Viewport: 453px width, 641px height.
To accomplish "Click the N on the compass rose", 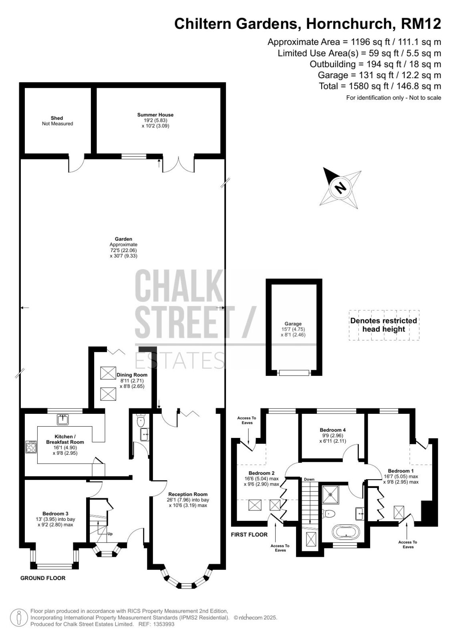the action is [340, 188].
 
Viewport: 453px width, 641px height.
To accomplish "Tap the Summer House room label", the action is [155, 115].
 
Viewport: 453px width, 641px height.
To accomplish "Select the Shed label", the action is [56, 118].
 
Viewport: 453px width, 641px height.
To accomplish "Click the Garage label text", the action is [293, 324].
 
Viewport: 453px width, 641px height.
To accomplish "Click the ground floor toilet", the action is [141, 421].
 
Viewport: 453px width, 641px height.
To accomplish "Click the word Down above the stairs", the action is [309, 479].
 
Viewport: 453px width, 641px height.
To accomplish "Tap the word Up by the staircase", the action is [110, 534].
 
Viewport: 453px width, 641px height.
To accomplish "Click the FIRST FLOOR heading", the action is [249, 534].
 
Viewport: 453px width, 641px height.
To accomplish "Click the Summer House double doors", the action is [179, 164].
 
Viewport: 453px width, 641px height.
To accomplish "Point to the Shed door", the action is [77, 164].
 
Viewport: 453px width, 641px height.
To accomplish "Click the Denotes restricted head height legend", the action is [384, 325].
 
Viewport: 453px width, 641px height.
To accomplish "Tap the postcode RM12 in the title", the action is [421, 24].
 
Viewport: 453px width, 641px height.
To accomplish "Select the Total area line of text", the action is [380, 86].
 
